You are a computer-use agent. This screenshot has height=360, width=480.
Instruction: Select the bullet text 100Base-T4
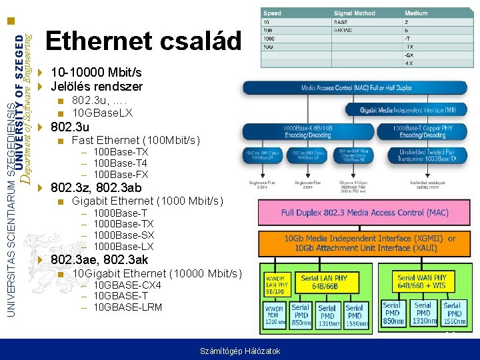coord(120,163)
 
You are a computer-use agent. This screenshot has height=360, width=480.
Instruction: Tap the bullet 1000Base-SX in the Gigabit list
coord(123,235)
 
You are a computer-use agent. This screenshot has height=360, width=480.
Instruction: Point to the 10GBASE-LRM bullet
coord(127,307)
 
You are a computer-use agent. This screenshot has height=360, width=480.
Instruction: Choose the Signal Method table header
coord(355,13)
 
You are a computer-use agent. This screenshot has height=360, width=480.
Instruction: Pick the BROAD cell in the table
coord(344,30)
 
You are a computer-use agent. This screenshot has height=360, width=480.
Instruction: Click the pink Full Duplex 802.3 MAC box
coord(364,213)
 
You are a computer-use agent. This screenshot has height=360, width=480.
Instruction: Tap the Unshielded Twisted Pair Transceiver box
coord(428,155)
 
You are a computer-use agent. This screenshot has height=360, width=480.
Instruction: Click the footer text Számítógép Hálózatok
coord(240,351)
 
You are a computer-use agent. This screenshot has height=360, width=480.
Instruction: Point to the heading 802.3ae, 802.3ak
coord(99,259)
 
